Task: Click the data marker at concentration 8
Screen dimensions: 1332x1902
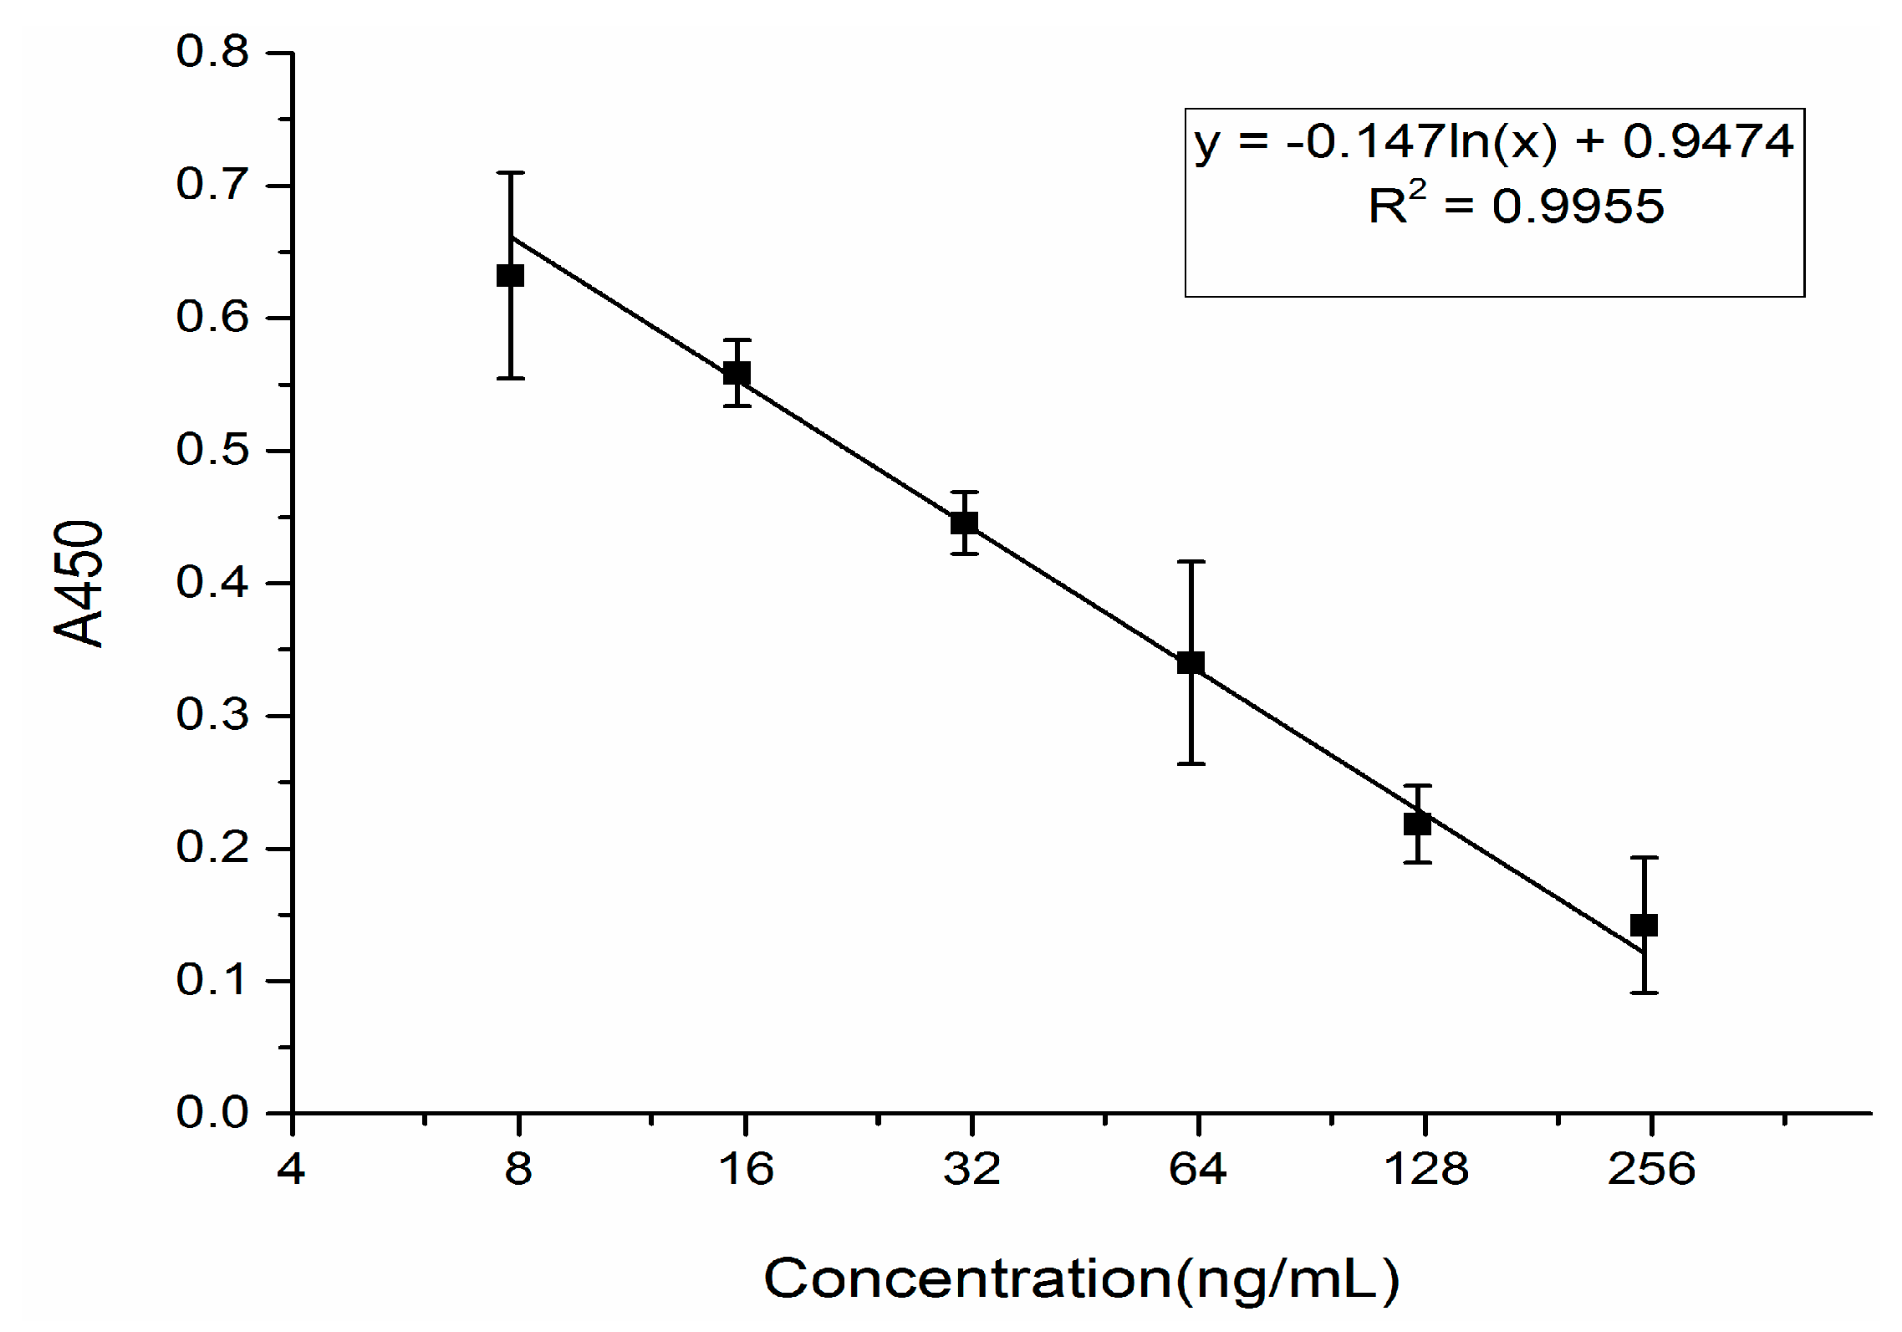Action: pos(510,275)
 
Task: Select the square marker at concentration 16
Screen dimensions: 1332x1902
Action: pos(737,373)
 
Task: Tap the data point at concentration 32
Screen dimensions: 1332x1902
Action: pos(964,523)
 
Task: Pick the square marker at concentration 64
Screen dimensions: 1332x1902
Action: pos(1191,663)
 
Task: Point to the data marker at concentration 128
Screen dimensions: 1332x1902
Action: pos(1417,824)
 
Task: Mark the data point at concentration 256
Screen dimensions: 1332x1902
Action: pos(1644,925)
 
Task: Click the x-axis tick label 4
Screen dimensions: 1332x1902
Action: pos(291,1168)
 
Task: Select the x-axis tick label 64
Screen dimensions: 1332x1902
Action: pos(1197,1168)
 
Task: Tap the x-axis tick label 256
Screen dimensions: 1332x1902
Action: pos(1650,1168)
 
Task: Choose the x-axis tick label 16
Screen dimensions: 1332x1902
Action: pos(745,1168)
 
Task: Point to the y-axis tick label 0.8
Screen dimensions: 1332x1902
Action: pos(212,52)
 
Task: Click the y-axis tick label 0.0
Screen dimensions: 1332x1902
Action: pos(212,1113)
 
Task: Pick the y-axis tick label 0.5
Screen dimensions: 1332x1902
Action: pos(212,450)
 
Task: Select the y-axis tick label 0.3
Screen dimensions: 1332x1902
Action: pos(212,715)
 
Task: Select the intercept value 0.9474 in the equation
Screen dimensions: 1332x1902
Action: pos(1708,140)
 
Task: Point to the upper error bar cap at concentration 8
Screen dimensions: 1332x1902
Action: pos(510,173)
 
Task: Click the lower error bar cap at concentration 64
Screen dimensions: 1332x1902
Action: pos(1191,763)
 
